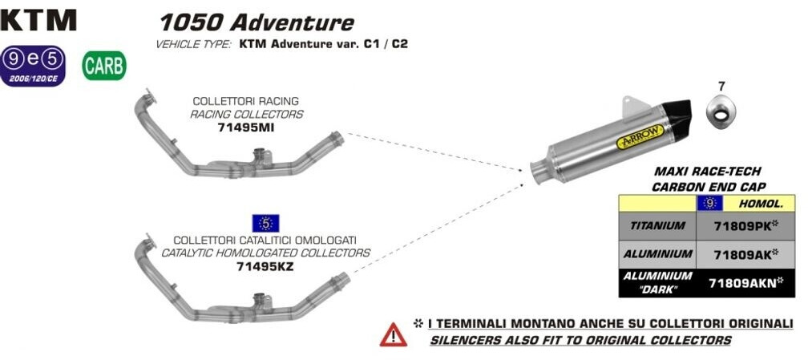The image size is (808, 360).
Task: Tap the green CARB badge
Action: pos(104,66)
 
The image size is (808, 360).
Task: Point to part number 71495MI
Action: pos(246,127)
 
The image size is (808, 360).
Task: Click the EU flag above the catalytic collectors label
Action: pos(265,223)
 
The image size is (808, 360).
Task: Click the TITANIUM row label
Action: pos(657,226)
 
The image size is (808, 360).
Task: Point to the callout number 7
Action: pos(721,86)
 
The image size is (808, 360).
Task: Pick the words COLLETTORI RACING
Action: pos(245,101)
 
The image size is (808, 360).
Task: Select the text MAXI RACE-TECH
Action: pos(707,172)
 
